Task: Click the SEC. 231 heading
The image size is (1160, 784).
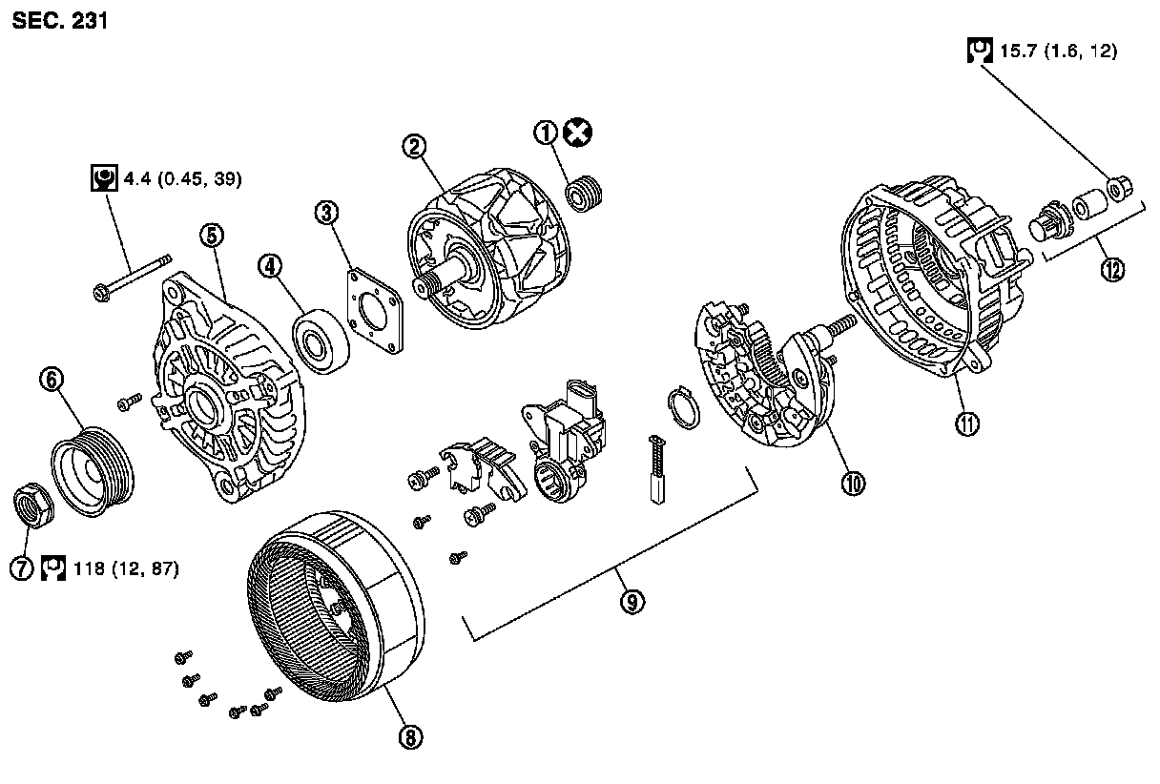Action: pos(59,20)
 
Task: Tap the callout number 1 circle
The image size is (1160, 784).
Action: pos(547,133)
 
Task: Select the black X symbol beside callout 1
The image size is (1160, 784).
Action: pos(576,133)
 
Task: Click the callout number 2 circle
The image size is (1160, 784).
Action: pos(413,146)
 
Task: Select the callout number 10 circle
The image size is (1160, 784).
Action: pos(852,483)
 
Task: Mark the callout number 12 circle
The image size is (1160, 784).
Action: pos(1110,269)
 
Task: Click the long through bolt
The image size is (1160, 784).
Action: pos(133,276)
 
